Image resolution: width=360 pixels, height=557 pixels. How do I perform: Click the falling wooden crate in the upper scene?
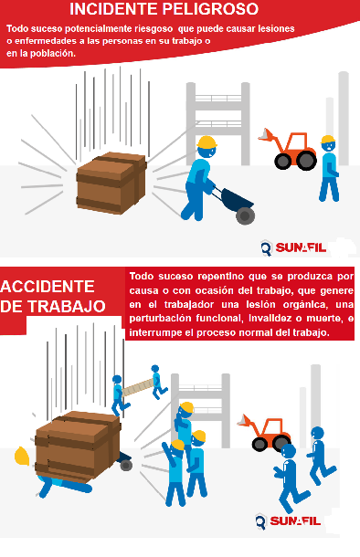(x=111, y=183)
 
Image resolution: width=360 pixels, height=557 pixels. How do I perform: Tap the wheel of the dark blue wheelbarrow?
(x=246, y=215)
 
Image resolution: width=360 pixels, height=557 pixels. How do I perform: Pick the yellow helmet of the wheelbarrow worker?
(x=206, y=142)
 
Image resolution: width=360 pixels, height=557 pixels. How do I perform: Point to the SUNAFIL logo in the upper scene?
(x=293, y=247)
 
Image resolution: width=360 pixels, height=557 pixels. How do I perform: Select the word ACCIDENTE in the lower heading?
(x=48, y=287)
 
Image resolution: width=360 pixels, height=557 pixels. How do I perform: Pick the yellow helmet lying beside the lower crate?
(x=22, y=457)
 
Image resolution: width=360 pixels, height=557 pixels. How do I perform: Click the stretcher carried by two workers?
(x=138, y=387)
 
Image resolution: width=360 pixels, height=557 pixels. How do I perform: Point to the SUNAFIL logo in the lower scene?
(x=288, y=521)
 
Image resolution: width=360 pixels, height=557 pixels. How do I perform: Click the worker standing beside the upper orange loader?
(x=329, y=168)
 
